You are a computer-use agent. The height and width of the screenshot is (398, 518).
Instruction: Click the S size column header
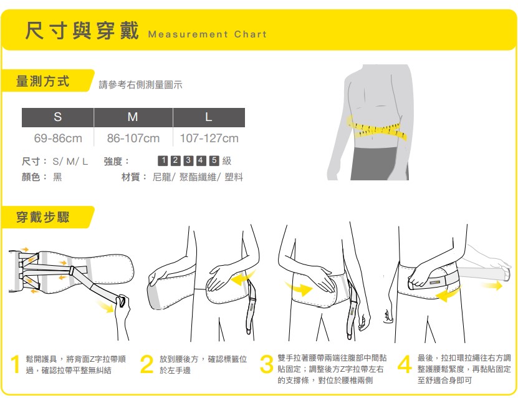coord(58,117)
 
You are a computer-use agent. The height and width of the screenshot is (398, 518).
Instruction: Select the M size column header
coord(133,117)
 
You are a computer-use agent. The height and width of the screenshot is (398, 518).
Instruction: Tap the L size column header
coord(209,117)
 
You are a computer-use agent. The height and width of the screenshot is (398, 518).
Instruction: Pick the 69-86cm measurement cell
coord(58,138)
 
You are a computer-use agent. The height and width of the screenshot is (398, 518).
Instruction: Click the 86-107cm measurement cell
coord(133,138)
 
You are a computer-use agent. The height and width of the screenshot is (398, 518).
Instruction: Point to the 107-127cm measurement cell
coord(209,138)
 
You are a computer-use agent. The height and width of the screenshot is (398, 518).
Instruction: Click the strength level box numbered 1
coord(163,161)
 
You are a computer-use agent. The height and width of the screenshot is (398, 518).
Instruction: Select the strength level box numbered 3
coord(188,161)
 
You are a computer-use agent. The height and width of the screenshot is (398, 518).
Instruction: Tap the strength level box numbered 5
coord(214,161)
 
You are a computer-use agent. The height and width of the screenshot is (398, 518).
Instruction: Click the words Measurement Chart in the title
coord(208,34)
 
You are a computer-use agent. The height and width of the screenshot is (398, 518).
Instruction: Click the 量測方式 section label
coord(42,81)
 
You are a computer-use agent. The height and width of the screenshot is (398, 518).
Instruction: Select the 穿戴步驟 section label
coord(42,217)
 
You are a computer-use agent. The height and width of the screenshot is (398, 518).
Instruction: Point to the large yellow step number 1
coord(15,364)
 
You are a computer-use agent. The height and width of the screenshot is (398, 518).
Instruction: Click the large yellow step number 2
coord(146,364)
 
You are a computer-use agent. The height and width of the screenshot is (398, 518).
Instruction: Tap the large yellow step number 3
coord(267,364)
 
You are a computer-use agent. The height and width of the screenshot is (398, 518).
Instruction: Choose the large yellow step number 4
coord(405,364)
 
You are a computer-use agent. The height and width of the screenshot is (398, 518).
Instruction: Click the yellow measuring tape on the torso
coord(377,129)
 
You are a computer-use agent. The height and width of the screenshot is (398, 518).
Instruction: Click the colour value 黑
coord(57,177)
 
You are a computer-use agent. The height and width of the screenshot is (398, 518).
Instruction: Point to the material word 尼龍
coord(161,177)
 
